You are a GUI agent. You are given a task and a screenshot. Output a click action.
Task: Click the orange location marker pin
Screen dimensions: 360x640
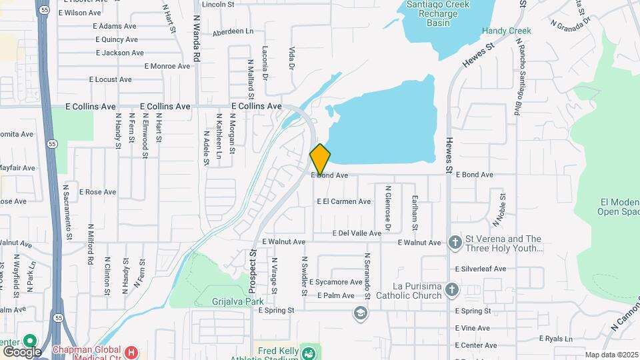click(x=320, y=159)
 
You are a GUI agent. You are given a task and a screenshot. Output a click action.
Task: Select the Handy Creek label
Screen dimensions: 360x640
click(x=507, y=31)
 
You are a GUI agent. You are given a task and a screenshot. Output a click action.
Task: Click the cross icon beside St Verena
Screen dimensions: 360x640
click(x=455, y=242)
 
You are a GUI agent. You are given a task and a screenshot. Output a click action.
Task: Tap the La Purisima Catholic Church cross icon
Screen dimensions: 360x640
click(x=452, y=289)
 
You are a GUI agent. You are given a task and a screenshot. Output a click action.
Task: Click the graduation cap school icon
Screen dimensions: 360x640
click(x=361, y=313)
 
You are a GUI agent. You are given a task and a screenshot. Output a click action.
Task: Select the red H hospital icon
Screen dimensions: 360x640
click(x=132, y=351)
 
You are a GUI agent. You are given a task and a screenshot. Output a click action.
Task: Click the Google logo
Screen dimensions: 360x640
click(x=22, y=351)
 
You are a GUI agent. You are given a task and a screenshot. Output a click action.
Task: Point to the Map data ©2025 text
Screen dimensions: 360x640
click(x=611, y=355)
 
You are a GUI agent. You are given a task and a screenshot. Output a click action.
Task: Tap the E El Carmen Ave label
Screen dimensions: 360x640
click(x=344, y=201)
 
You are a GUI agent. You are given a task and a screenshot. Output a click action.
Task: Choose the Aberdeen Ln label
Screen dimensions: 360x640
click(x=233, y=31)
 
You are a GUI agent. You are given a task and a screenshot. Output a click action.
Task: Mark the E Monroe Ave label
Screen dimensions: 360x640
click(x=167, y=66)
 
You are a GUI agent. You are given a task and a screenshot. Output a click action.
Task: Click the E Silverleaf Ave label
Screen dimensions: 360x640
click(x=481, y=269)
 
